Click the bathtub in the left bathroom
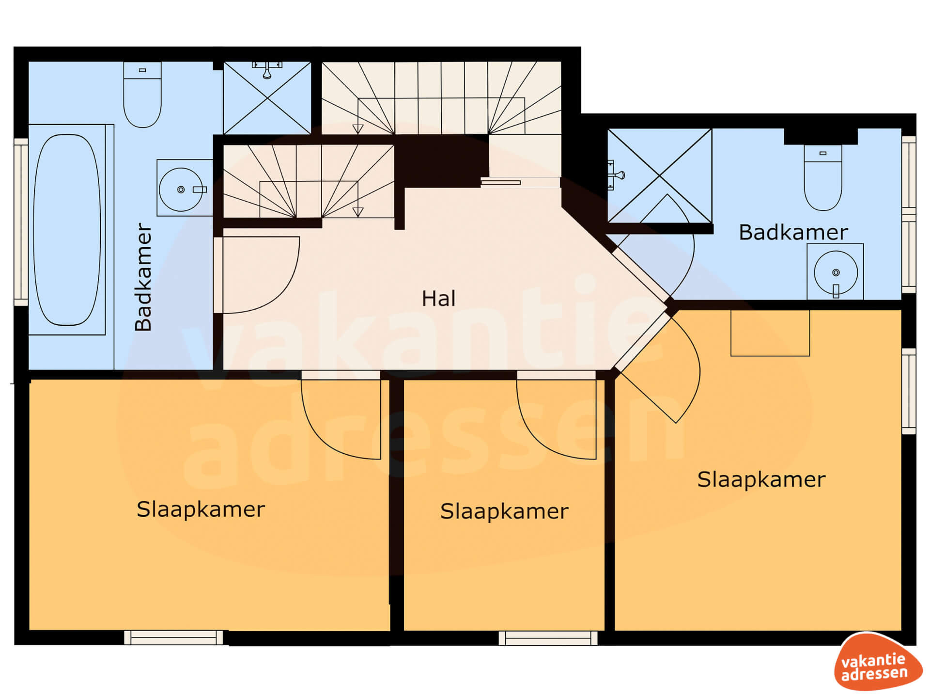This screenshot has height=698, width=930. point(67,230)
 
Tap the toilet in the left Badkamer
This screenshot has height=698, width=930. point(142,95)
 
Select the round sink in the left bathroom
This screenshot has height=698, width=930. point(181,190)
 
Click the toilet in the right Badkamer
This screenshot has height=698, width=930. point(823,177)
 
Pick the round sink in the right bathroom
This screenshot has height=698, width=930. point(836,272)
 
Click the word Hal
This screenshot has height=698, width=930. point(438,299)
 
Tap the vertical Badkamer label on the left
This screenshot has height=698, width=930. point(143,277)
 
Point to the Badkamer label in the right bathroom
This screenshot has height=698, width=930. point(793,232)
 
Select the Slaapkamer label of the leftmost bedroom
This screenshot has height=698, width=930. point(201,509)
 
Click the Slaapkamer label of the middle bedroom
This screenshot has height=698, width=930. point(504,511)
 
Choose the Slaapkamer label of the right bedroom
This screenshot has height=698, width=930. point(761,480)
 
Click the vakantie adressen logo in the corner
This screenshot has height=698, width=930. point(878,662)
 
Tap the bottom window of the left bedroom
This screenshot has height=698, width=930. point(173,637)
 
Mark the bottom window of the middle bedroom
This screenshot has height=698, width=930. point(548,638)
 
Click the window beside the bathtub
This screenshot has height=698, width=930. point(21,222)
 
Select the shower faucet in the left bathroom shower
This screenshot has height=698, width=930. point(267,69)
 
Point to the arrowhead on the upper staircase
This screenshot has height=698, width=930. point(357,129)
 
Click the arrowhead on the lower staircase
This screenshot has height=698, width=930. point(357,212)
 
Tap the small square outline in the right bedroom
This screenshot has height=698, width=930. point(770,333)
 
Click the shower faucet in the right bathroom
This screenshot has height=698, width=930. point(615,175)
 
